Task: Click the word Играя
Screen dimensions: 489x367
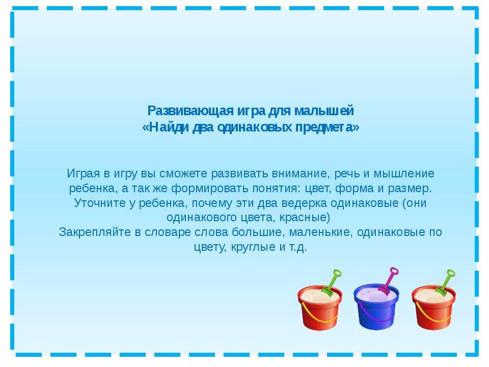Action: click(x=83, y=174)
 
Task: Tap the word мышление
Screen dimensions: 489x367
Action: click(x=404, y=173)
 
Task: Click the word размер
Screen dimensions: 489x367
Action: click(x=410, y=189)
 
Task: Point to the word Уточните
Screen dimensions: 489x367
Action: click(x=100, y=203)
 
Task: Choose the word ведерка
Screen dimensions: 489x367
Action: click(x=304, y=203)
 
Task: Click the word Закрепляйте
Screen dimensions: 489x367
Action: click(x=95, y=232)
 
